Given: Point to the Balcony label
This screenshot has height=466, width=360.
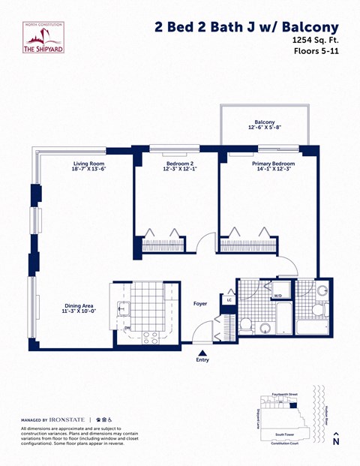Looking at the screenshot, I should tap(264, 122).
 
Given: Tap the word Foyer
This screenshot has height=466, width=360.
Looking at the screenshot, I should tap(200, 304).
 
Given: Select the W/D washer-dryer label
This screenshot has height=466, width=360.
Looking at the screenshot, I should tap(277, 296).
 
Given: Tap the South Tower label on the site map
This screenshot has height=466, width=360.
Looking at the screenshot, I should tap(283, 434).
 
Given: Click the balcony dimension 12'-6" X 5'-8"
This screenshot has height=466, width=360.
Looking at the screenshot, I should tap(264, 128).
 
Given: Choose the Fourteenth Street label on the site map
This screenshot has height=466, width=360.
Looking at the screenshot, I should tap(285, 394).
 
